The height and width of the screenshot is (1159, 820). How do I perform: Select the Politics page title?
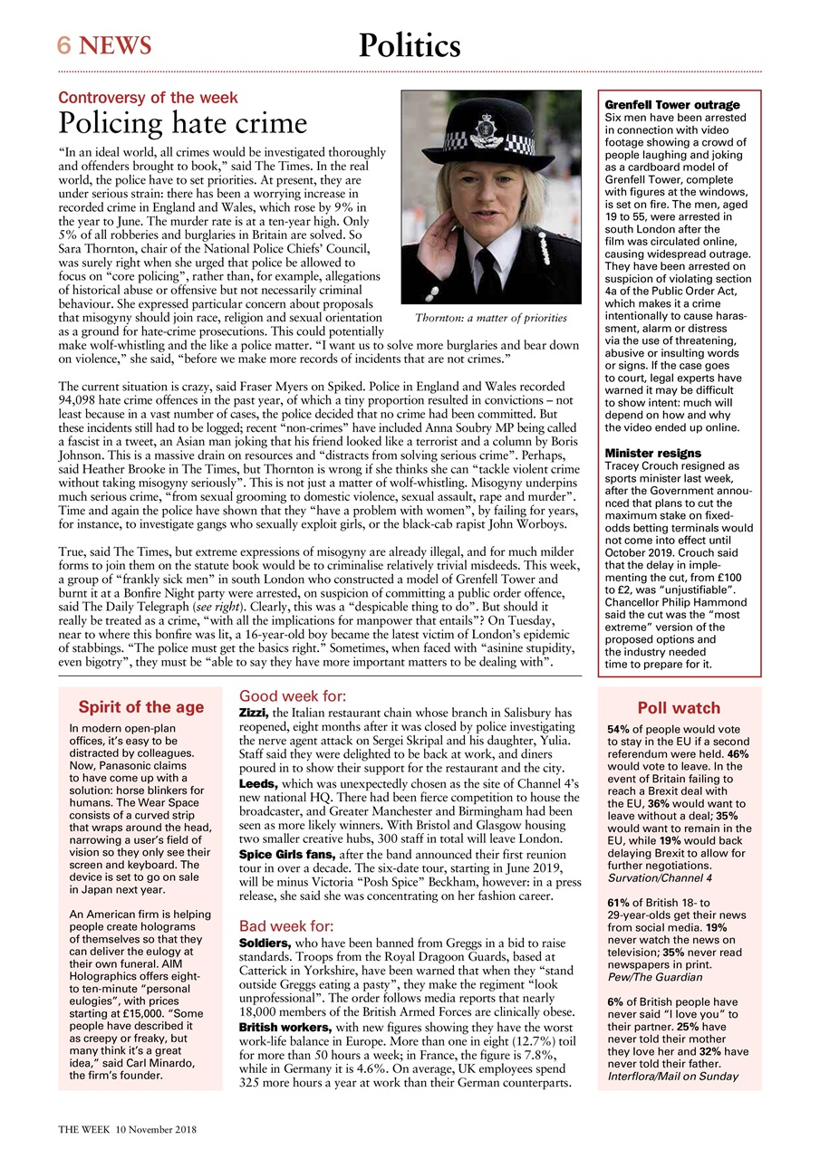tap(410, 44)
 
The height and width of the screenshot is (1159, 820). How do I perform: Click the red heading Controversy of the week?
tap(148, 97)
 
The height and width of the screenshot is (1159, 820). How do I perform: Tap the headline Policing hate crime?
tap(183, 123)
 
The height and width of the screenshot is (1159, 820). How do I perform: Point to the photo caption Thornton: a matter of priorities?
tap(490, 319)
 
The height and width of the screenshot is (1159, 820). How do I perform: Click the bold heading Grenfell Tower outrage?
tap(672, 105)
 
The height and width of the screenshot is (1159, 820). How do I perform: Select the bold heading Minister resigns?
tap(652, 453)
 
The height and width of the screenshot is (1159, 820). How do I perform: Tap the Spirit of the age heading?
tap(140, 707)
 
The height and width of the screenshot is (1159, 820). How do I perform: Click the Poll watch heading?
tap(679, 708)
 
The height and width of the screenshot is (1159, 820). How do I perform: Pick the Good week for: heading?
tap(292, 696)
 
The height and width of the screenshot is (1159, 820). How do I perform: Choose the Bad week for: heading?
tap(285, 926)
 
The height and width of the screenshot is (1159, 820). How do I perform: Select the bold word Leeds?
tap(258, 781)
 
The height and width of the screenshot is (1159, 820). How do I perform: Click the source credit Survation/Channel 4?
tap(660, 877)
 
